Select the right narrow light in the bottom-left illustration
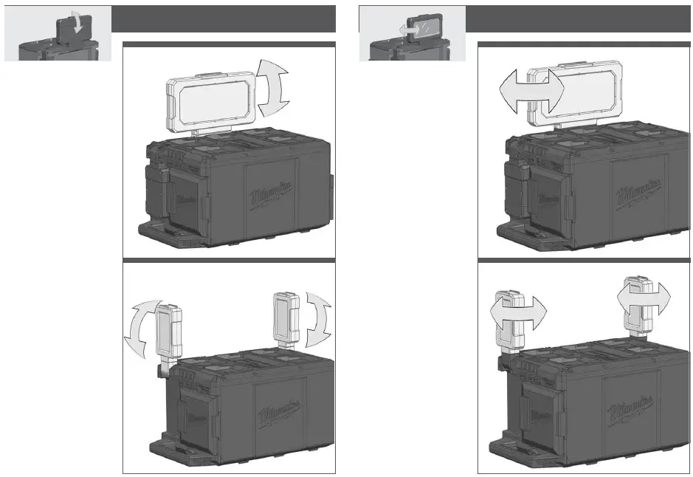(x=286, y=317)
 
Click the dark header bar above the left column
(x=224, y=18)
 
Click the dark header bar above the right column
(x=579, y=18)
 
